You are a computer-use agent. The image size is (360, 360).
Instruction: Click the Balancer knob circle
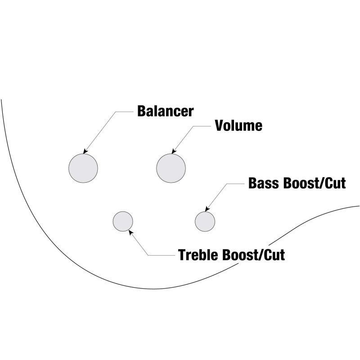pyautogui.click(x=83, y=168)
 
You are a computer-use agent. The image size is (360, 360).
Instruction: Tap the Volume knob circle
pyautogui.click(x=171, y=168)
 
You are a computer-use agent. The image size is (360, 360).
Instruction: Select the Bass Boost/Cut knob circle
pyautogui.click(x=205, y=220)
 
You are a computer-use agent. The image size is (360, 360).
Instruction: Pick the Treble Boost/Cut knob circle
pyautogui.click(x=123, y=221)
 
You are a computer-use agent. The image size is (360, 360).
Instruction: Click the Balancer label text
pyautogui.click(x=165, y=111)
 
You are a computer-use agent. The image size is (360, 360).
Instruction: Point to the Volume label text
pyautogui.click(x=238, y=126)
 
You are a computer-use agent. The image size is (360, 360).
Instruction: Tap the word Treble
pyautogui.click(x=198, y=255)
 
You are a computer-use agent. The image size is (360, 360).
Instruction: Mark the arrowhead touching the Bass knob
pyautogui.click(x=207, y=209)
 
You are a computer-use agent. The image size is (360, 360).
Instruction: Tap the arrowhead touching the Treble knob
pyautogui.click(x=130, y=232)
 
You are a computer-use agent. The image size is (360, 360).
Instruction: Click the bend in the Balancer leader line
pyautogui.click(x=117, y=111)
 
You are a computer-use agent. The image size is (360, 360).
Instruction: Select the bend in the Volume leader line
pyautogui.click(x=195, y=126)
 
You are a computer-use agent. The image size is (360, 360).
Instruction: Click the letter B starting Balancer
pyautogui.click(x=141, y=111)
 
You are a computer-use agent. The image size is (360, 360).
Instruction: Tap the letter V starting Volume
pyautogui.click(x=220, y=126)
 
